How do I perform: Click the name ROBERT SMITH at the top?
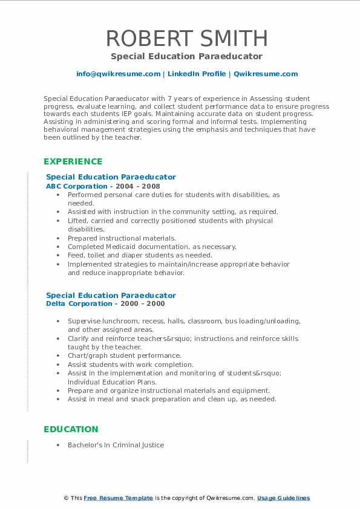point(186,38)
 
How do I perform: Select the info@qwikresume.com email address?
point(118,74)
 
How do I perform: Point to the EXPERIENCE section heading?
point(73,161)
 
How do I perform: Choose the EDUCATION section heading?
point(71,429)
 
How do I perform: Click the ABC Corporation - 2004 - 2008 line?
point(103,186)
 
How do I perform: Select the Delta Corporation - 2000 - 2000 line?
point(105,303)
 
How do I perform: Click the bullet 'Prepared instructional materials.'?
point(122,238)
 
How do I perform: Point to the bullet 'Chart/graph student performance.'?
point(124,356)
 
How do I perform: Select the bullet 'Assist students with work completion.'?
point(130,365)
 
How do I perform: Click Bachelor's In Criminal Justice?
point(116,445)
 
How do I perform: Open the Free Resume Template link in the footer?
point(118,498)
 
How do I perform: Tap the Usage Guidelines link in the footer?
point(283,498)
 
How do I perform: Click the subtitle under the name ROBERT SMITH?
point(186,56)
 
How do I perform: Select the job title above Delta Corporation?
point(111,295)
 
